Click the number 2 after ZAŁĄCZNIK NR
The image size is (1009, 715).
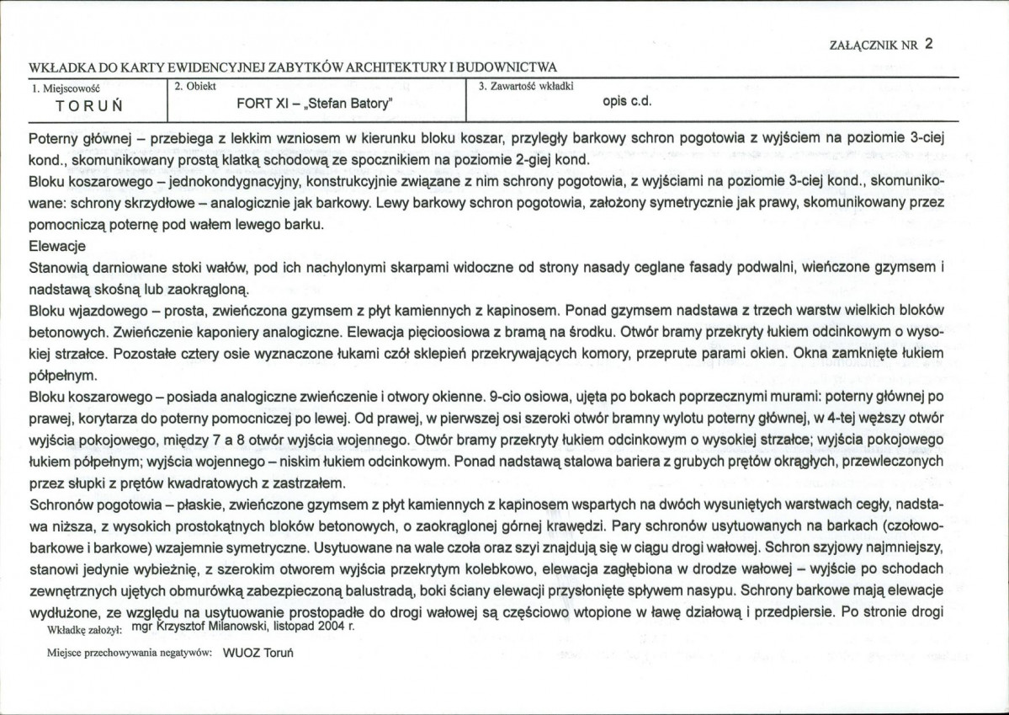(927, 45)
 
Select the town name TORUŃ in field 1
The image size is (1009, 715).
(90, 105)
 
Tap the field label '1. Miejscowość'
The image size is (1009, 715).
(65, 87)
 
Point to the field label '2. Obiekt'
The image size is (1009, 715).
(195, 86)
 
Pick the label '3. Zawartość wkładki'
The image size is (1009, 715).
(525, 86)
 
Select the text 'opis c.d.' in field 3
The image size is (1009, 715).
(628, 103)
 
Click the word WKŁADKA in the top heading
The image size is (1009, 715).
(55, 67)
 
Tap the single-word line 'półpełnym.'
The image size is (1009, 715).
(63, 374)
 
